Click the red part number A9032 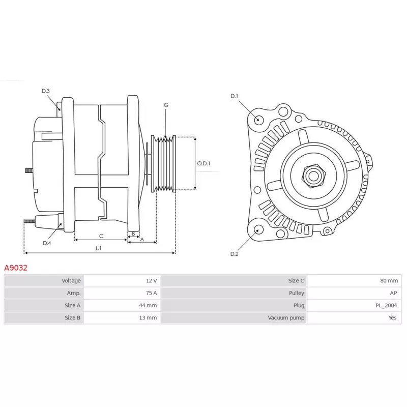[x=16, y=268]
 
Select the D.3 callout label [x=45, y=91]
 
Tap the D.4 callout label [x=47, y=243]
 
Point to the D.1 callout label [x=234, y=96]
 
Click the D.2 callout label [x=234, y=254]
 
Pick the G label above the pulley [x=166, y=105]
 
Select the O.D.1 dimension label [x=203, y=163]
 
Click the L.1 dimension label [x=98, y=248]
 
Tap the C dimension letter [x=101, y=236]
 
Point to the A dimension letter [x=142, y=239]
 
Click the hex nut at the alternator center [x=313, y=176]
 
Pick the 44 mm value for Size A [x=148, y=305]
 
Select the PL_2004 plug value [x=386, y=306]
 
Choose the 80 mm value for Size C [x=389, y=281]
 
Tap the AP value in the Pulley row [x=393, y=293]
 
